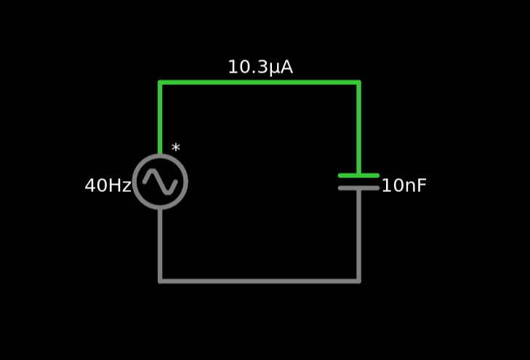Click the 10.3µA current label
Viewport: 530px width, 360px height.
[260, 68]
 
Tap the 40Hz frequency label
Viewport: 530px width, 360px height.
[108, 185]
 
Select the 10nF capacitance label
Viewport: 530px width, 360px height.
[403, 185]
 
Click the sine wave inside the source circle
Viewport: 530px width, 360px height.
[160, 181]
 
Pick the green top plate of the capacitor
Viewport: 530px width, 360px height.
[358, 175]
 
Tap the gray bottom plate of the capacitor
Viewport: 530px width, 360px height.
[358, 188]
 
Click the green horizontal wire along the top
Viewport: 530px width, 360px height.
[259, 82]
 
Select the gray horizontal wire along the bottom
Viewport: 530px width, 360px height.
[259, 280]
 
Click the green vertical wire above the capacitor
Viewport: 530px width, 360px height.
[358, 127]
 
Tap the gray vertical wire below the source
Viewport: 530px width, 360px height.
[160, 244]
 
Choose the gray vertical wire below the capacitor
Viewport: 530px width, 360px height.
[358, 233]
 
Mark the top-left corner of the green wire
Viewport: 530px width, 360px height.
[160, 82]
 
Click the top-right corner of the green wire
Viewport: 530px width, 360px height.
[358, 82]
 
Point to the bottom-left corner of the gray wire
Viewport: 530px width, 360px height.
[160, 280]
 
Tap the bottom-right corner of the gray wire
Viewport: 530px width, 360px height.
[358, 280]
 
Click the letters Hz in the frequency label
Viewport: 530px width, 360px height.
[119, 185]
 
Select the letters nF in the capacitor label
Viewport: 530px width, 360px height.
[415, 185]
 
